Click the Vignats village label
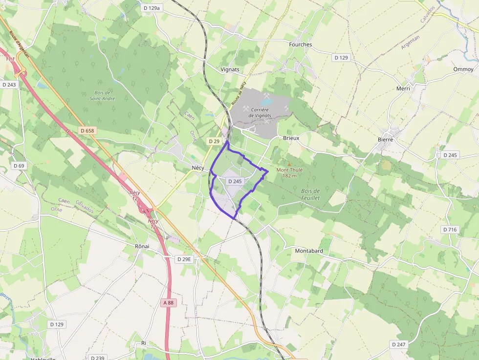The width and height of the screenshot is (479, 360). [230, 69]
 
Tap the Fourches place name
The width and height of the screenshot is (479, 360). [300, 44]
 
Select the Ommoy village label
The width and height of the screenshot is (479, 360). [463, 69]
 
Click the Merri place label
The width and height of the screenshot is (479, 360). [403, 88]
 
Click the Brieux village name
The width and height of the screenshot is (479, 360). [291, 138]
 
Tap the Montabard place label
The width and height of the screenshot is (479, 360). [309, 251]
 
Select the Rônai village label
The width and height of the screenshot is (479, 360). [142, 246]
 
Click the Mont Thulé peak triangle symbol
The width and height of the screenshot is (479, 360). [289, 164]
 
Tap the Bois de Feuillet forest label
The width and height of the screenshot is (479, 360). [310, 194]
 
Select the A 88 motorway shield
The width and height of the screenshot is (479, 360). [168, 303]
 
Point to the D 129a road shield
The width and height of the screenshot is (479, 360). [152, 8]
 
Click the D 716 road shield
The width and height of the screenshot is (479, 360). [450, 230]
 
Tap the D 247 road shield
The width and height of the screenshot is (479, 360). [398, 344]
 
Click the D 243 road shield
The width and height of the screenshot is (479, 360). [9, 85]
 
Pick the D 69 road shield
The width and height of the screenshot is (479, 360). [19, 166]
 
